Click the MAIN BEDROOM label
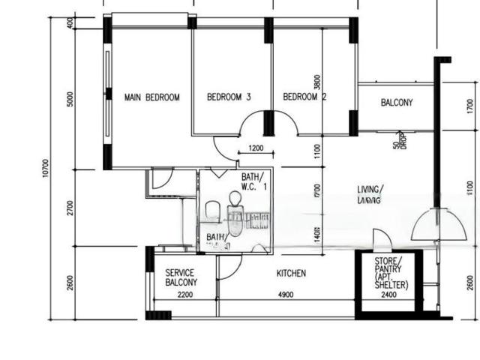152,97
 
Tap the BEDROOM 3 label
229,97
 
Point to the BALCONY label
397,102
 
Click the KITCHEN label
291,274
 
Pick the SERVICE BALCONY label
181,277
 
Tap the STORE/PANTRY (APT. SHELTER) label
391,273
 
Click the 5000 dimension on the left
70,99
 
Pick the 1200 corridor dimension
256,148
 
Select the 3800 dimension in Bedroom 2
318,82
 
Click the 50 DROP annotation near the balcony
399,141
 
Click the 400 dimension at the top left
70,22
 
